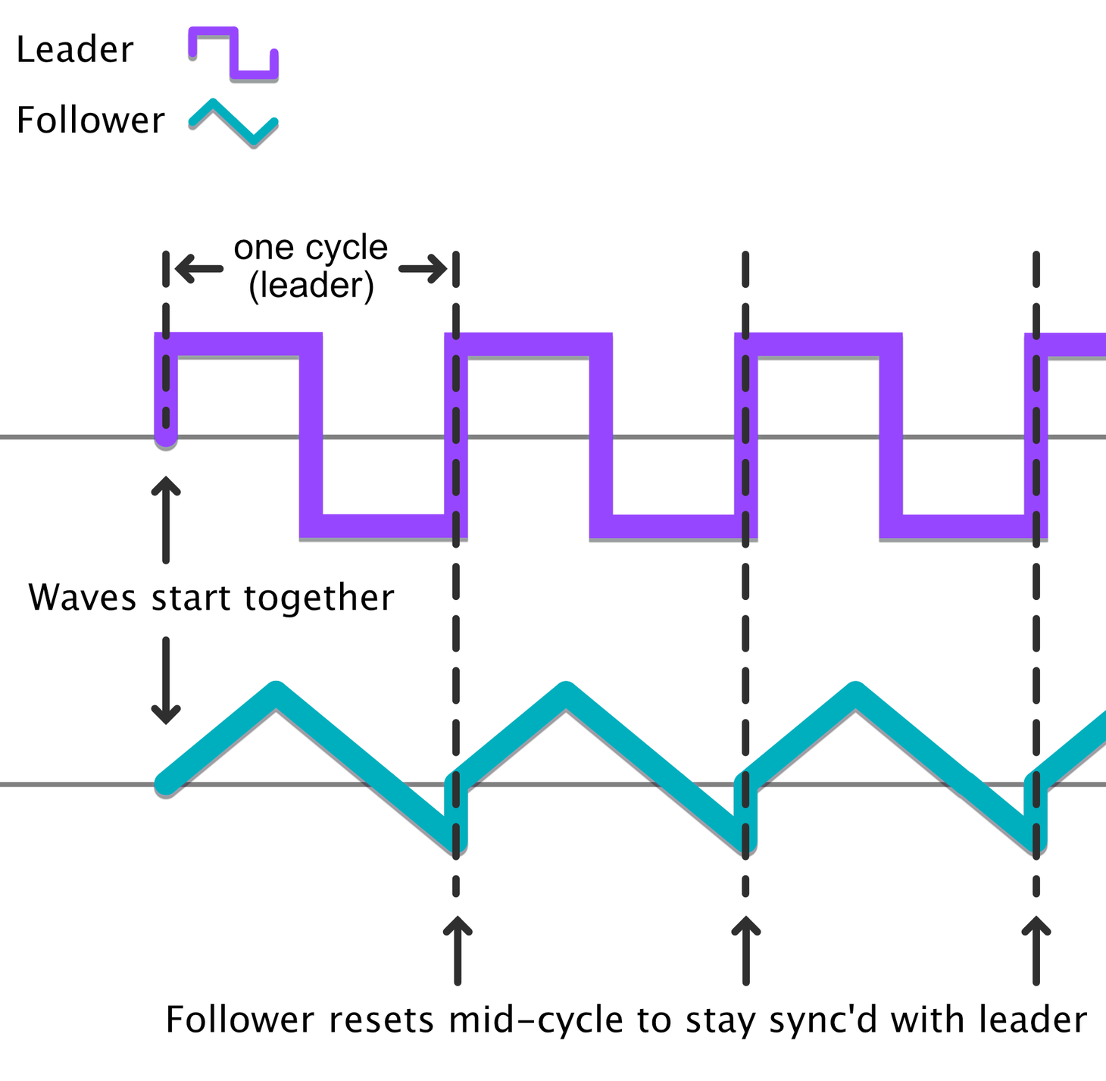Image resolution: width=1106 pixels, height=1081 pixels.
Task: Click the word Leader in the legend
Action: (74, 49)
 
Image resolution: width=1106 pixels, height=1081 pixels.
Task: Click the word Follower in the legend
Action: (90, 120)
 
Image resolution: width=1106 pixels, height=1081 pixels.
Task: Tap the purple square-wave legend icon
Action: (233, 53)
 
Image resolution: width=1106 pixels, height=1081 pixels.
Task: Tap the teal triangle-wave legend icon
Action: (233, 123)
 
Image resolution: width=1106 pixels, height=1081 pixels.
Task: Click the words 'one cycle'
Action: (311, 248)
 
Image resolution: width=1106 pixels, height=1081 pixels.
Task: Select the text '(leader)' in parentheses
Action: (311, 285)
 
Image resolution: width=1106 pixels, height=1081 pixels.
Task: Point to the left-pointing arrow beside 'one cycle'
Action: (199, 269)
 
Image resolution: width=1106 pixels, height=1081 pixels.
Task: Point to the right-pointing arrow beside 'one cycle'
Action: (423, 269)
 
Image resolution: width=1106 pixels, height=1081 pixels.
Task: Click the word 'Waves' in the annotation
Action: (83, 598)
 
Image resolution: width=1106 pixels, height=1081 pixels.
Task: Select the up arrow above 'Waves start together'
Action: (166, 520)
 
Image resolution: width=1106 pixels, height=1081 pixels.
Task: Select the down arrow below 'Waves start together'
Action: (166, 681)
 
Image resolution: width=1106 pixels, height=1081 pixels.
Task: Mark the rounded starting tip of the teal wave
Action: (165, 785)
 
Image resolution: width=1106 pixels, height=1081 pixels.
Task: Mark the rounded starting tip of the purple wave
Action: (166, 438)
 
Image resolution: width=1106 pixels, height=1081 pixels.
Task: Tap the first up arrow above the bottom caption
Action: (458, 951)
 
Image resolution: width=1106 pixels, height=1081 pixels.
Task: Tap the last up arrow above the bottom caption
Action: (1036, 951)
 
